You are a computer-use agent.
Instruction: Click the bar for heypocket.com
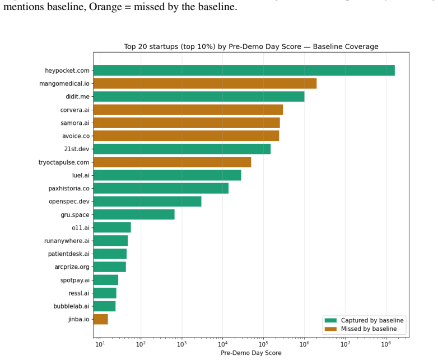click(x=244, y=71)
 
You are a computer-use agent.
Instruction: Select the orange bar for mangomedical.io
click(x=205, y=83)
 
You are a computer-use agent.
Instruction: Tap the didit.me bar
click(x=199, y=96)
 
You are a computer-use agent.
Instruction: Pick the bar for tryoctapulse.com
click(x=173, y=162)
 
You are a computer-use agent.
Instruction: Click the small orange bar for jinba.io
click(x=101, y=319)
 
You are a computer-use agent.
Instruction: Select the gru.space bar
click(x=134, y=214)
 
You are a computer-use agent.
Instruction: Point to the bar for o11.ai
click(x=112, y=228)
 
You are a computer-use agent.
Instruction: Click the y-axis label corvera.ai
click(x=75, y=110)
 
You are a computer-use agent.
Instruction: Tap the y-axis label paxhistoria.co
click(x=69, y=189)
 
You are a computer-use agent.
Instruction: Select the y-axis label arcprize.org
click(x=72, y=267)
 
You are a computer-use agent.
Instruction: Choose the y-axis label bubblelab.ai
click(x=72, y=306)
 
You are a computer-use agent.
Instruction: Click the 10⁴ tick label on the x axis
click(x=222, y=344)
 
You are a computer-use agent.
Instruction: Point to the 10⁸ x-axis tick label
click(x=386, y=344)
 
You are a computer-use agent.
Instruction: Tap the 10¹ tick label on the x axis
click(x=100, y=344)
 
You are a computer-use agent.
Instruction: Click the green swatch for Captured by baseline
click(x=330, y=320)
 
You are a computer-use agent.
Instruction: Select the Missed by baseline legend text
click(x=369, y=329)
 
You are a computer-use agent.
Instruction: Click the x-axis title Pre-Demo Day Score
click(x=251, y=353)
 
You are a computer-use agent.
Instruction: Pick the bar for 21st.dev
click(x=182, y=149)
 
